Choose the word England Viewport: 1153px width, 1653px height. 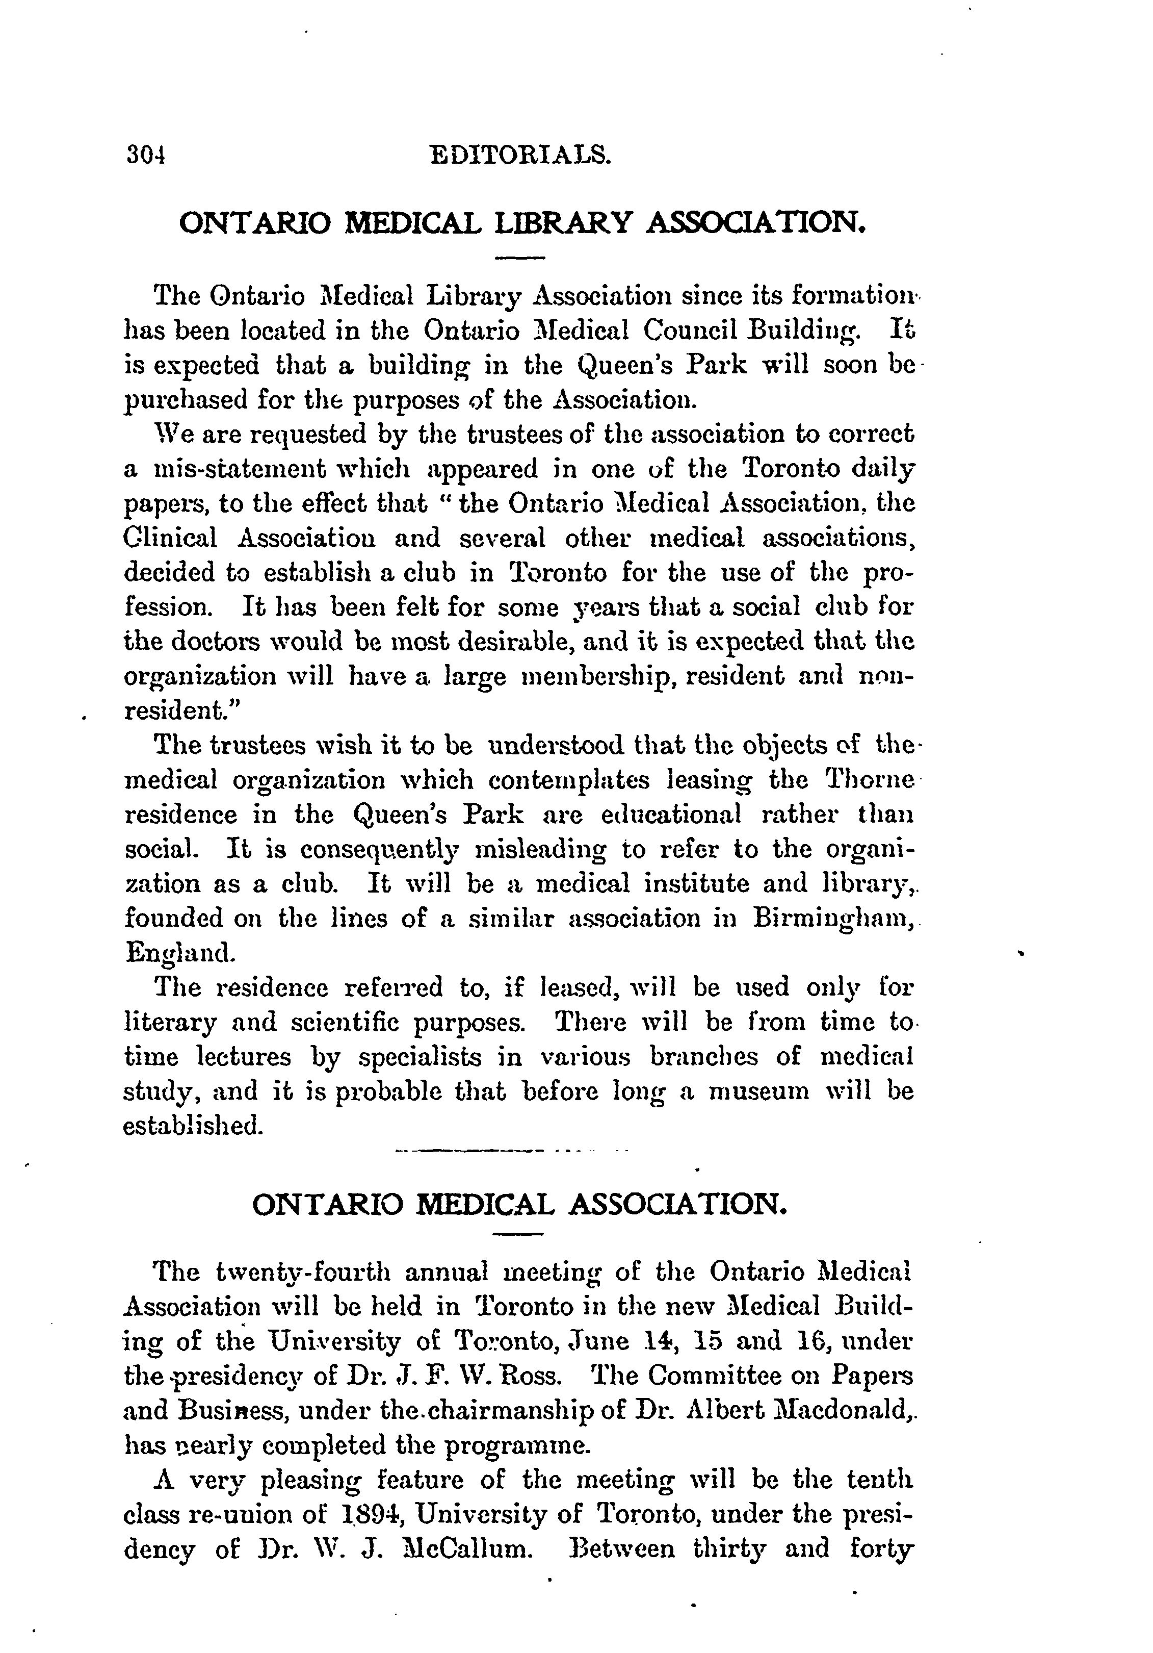click(179, 954)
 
